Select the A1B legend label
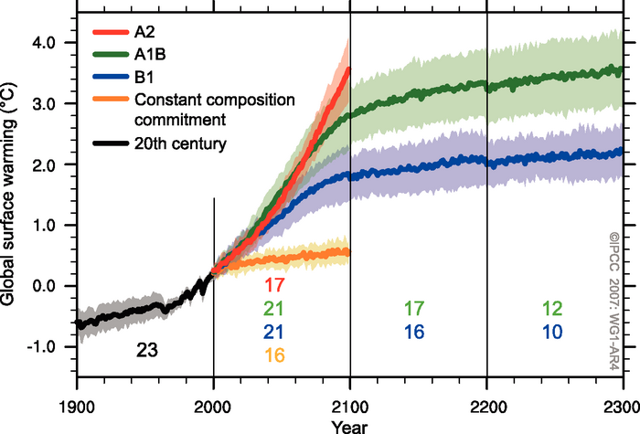click(150, 55)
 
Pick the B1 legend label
click(144, 77)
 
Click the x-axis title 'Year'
click(347, 425)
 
